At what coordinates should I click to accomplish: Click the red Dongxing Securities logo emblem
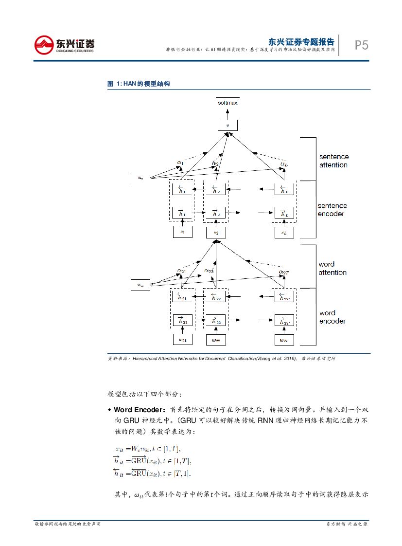click(x=44, y=45)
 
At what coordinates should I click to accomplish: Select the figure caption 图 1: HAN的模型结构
click(x=139, y=84)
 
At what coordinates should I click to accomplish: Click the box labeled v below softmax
click(x=227, y=125)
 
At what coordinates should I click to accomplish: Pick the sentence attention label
click(x=333, y=161)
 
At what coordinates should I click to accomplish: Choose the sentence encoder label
click(x=332, y=210)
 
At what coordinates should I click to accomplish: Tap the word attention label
click(x=332, y=268)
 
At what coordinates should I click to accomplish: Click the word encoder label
click(x=332, y=317)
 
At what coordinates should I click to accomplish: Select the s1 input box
click(x=183, y=233)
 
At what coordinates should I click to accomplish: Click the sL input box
click(x=284, y=233)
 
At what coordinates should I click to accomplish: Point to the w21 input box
click(x=183, y=339)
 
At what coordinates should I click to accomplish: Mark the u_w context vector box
click(x=141, y=285)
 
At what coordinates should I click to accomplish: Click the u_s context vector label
click(x=140, y=178)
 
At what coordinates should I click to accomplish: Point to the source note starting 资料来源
click(x=221, y=358)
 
